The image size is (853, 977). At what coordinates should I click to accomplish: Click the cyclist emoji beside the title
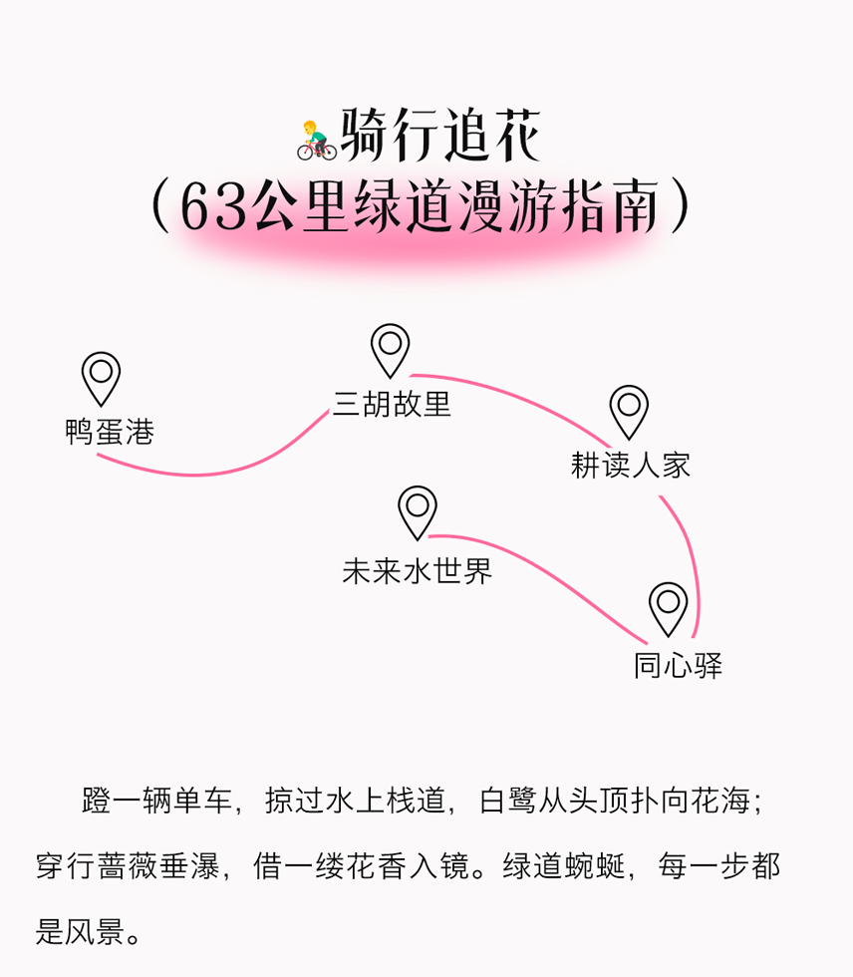[316, 141]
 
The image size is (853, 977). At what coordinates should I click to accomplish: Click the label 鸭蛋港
[110, 431]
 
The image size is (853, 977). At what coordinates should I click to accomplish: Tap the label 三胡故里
[392, 404]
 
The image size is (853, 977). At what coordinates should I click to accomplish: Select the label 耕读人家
[631, 465]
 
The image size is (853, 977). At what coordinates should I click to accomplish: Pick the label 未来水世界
[418, 570]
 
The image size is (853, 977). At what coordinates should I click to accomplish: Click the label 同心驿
[678, 666]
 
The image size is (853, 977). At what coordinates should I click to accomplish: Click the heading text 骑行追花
[440, 136]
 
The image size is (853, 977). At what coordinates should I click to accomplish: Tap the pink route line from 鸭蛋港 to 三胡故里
[205, 475]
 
